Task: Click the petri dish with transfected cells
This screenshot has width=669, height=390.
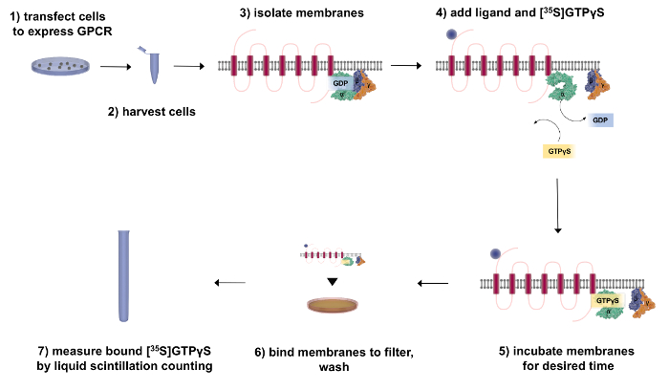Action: coord(62,66)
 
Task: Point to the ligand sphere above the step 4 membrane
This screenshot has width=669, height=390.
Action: coord(450,36)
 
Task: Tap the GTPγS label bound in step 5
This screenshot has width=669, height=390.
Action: coord(608,300)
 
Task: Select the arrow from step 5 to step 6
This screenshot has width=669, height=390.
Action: coord(435,283)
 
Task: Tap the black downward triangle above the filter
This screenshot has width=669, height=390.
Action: coord(332,281)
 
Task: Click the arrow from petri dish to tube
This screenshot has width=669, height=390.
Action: coord(115,67)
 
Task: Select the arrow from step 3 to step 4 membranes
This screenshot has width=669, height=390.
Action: coord(405,66)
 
